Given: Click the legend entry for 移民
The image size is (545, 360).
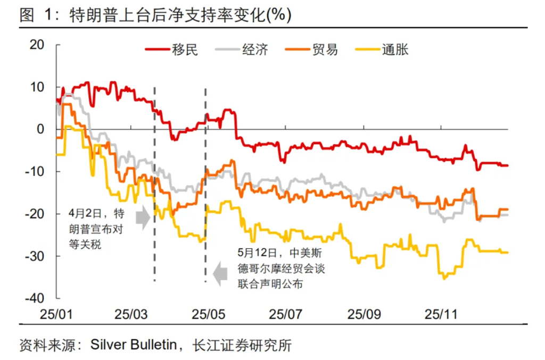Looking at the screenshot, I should click(x=172, y=50).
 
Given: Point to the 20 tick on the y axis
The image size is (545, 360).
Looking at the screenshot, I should click(x=37, y=45).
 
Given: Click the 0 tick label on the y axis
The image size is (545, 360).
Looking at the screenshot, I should click(x=41, y=129).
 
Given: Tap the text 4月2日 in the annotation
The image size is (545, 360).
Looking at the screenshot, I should click(x=85, y=214).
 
